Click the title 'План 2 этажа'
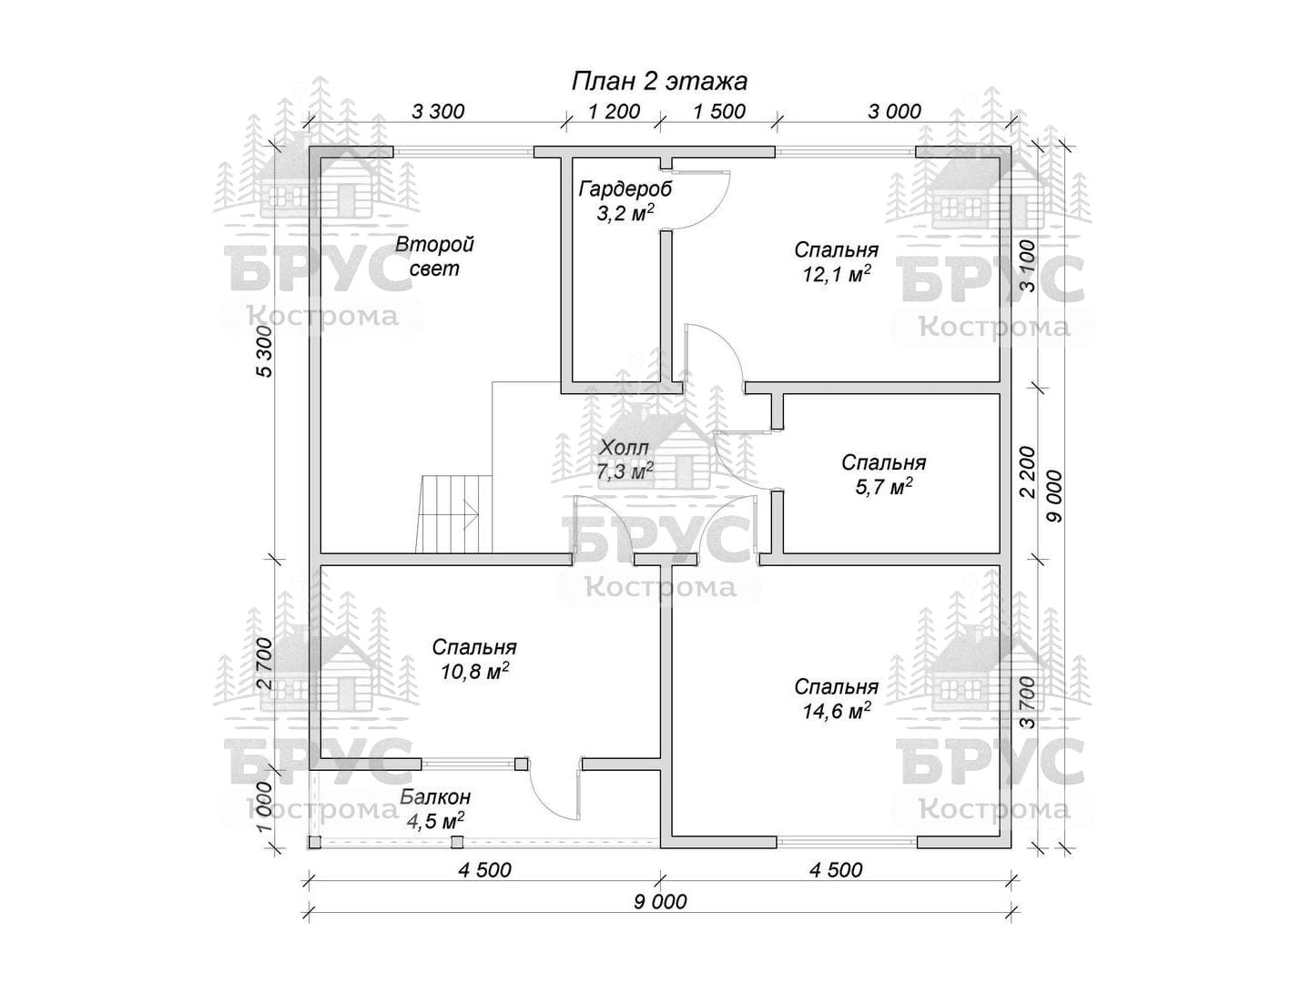(659, 81)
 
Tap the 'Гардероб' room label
(625, 189)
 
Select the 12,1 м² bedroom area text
(836, 274)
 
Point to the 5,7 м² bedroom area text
(884, 486)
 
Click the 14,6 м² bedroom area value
(836, 710)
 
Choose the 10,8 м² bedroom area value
(475, 671)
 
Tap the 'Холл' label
(625, 447)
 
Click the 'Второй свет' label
(435, 256)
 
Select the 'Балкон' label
(435, 796)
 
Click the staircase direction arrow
(471, 514)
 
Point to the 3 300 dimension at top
(438, 111)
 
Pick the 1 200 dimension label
(614, 111)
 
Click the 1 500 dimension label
(720, 111)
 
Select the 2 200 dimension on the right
(1028, 472)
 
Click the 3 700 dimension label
(1027, 703)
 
